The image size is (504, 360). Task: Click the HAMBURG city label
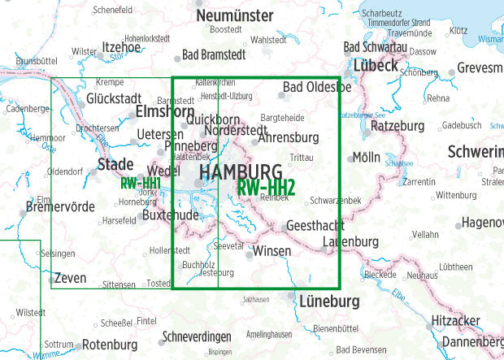[241, 172]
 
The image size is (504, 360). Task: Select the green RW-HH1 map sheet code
[139, 184]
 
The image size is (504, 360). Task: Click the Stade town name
[115, 165]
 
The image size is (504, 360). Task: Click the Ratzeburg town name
[398, 126]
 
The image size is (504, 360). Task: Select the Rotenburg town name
[110, 345]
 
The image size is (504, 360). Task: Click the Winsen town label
[272, 252]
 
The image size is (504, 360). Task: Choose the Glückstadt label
[120, 98]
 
